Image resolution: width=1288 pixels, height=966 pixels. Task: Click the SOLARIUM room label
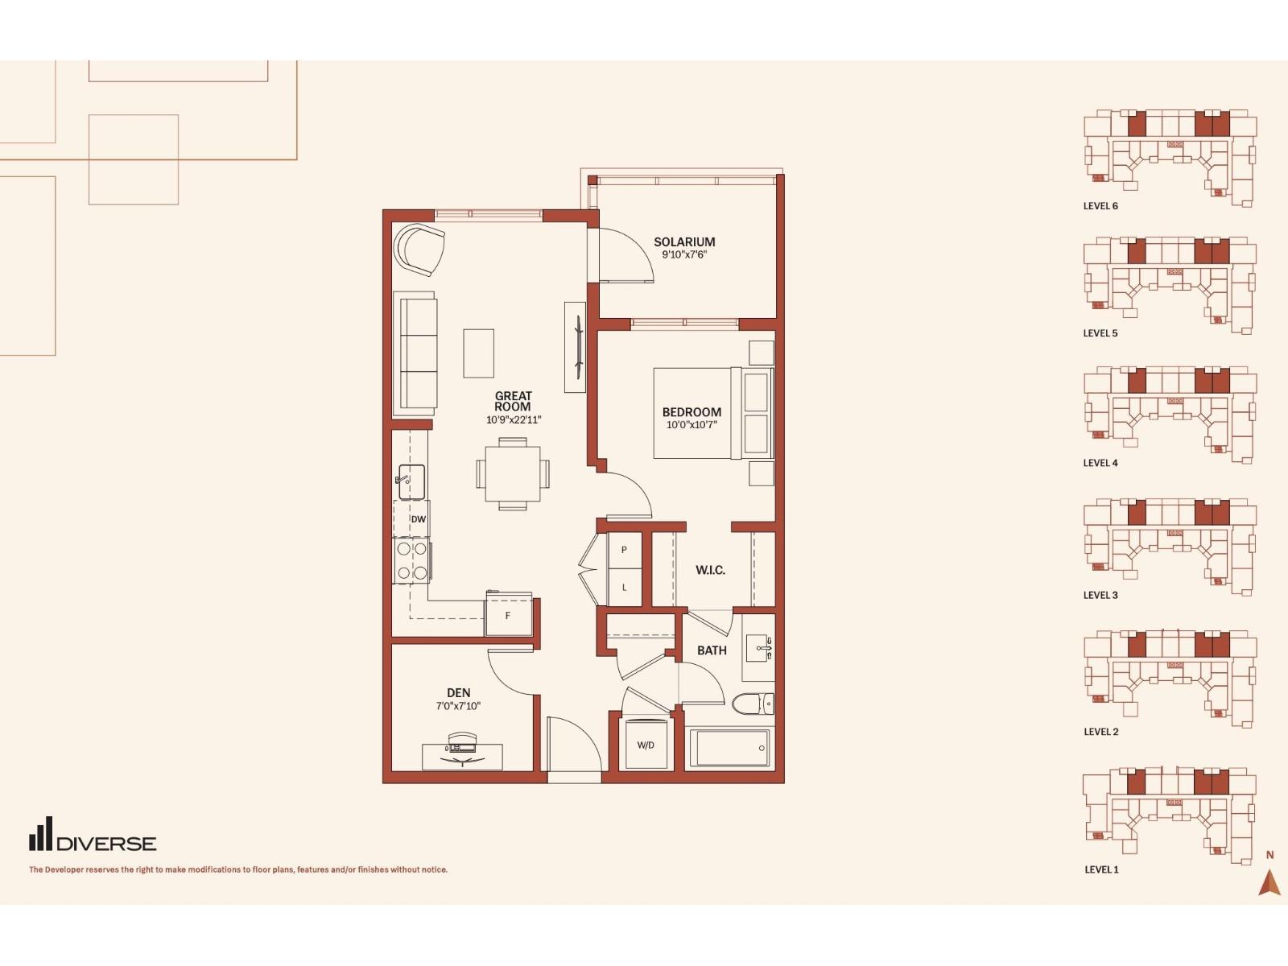[x=684, y=242]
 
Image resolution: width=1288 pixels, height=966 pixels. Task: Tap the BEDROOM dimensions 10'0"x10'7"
[x=691, y=425]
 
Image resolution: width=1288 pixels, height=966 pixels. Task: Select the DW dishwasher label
[x=418, y=519]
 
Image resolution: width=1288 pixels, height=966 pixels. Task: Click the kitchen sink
[x=411, y=481]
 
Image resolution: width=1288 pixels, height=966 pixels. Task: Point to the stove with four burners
[x=412, y=561]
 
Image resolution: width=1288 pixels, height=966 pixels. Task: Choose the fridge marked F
[x=508, y=615]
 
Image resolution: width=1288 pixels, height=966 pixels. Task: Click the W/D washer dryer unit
[x=646, y=745]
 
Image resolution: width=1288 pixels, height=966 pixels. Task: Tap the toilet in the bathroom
[x=753, y=704]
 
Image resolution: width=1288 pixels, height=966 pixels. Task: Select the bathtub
[x=729, y=748]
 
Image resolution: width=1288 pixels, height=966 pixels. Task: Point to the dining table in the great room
[x=513, y=474]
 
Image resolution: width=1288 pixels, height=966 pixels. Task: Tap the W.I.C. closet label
[x=710, y=569]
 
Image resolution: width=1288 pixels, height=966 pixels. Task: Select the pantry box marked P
[x=624, y=550]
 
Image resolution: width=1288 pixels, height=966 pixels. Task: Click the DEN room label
[x=458, y=692]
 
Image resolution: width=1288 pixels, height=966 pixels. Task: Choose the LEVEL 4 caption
[x=1100, y=463]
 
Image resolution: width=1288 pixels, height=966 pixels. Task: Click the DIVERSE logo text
[x=107, y=844]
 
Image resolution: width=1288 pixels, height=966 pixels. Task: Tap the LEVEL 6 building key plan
[x=1170, y=158]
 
